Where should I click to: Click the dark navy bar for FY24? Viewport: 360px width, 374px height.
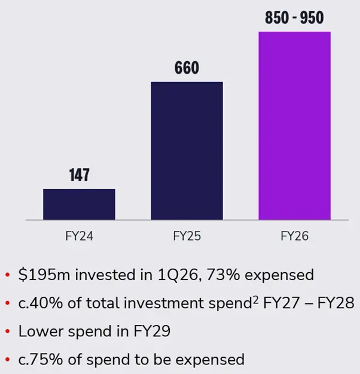pos(79,205)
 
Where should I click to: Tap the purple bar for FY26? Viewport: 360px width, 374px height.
pos(294,126)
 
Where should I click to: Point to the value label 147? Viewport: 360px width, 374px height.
pos(79,175)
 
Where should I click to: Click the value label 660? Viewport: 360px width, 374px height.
pos(187,68)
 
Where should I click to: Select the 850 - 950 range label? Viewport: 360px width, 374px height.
pos(294,17)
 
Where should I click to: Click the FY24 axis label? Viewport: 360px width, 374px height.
pos(79,236)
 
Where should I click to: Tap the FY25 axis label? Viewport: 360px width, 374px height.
pos(187,236)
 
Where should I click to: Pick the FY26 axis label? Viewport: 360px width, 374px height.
pos(294,236)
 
